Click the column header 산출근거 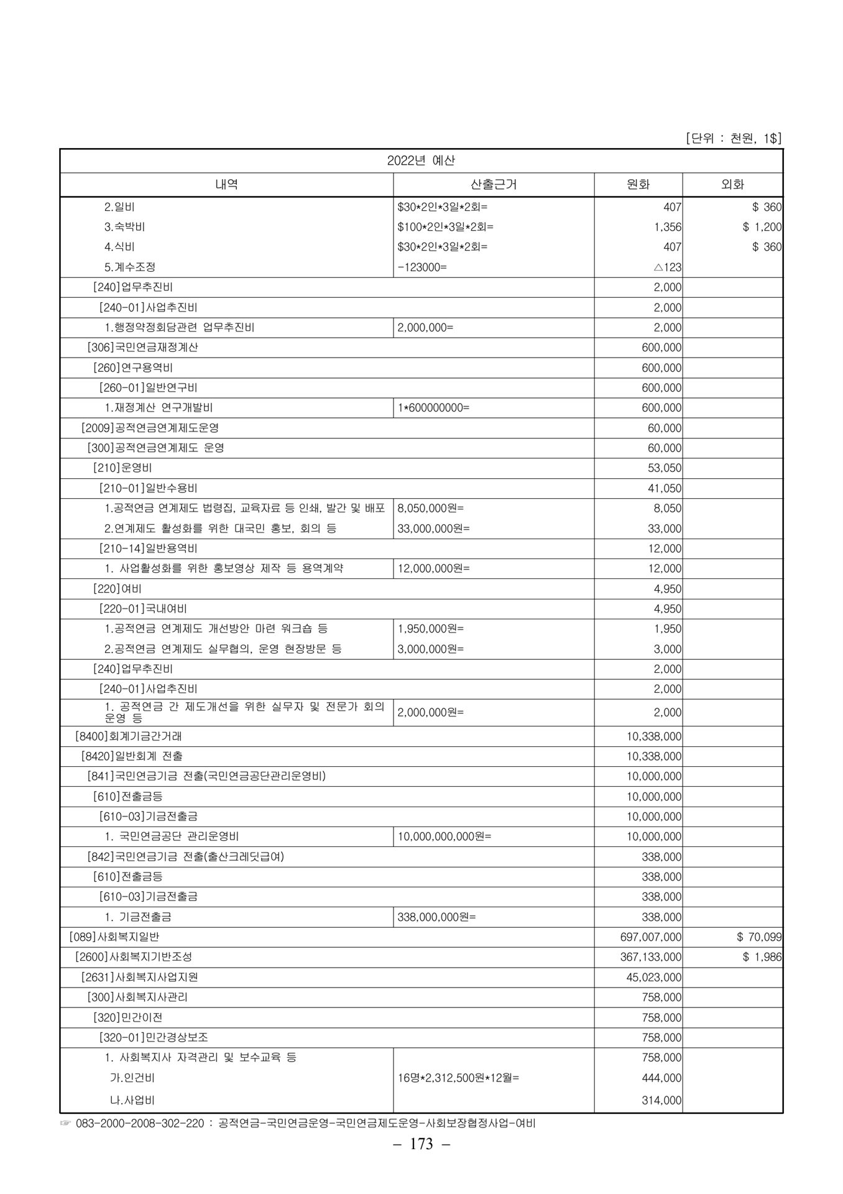(x=494, y=184)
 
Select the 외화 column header (x=732, y=184)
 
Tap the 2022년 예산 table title (x=421, y=160)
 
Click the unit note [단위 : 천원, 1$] (x=733, y=138)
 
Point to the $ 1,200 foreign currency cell (x=762, y=227)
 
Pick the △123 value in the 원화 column (x=667, y=267)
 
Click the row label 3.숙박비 (x=124, y=227)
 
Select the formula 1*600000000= (x=433, y=408)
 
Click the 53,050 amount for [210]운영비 (x=665, y=468)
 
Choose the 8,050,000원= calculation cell (x=430, y=508)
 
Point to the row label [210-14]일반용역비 (x=148, y=548)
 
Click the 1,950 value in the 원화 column (x=668, y=629)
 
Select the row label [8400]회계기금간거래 (x=128, y=736)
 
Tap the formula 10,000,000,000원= (x=444, y=836)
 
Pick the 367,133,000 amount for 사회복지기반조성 (x=651, y=957)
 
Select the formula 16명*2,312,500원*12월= (x=458, y=1078)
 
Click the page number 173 (x=421, y=1162)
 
